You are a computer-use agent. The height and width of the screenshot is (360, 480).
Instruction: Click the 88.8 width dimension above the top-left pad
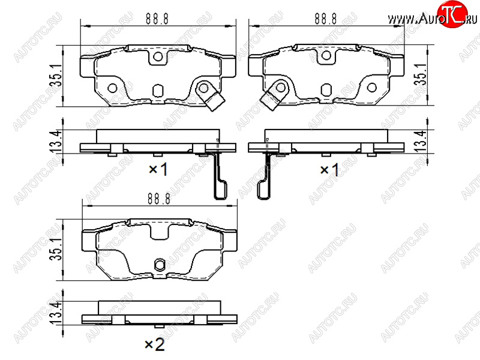click(x=157, y=19)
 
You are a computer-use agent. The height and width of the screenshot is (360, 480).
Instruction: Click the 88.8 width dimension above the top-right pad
click(x=325, y=19)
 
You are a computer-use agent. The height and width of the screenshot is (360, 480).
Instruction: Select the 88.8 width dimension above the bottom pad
click(x=159, y=199)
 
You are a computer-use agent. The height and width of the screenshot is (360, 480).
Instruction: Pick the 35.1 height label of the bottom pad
click(x=56, y=250)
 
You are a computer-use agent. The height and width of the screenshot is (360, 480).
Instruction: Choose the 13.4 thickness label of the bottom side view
click(x=56, y=312)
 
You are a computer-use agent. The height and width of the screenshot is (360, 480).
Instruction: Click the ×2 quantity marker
click(x=155, y=344)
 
